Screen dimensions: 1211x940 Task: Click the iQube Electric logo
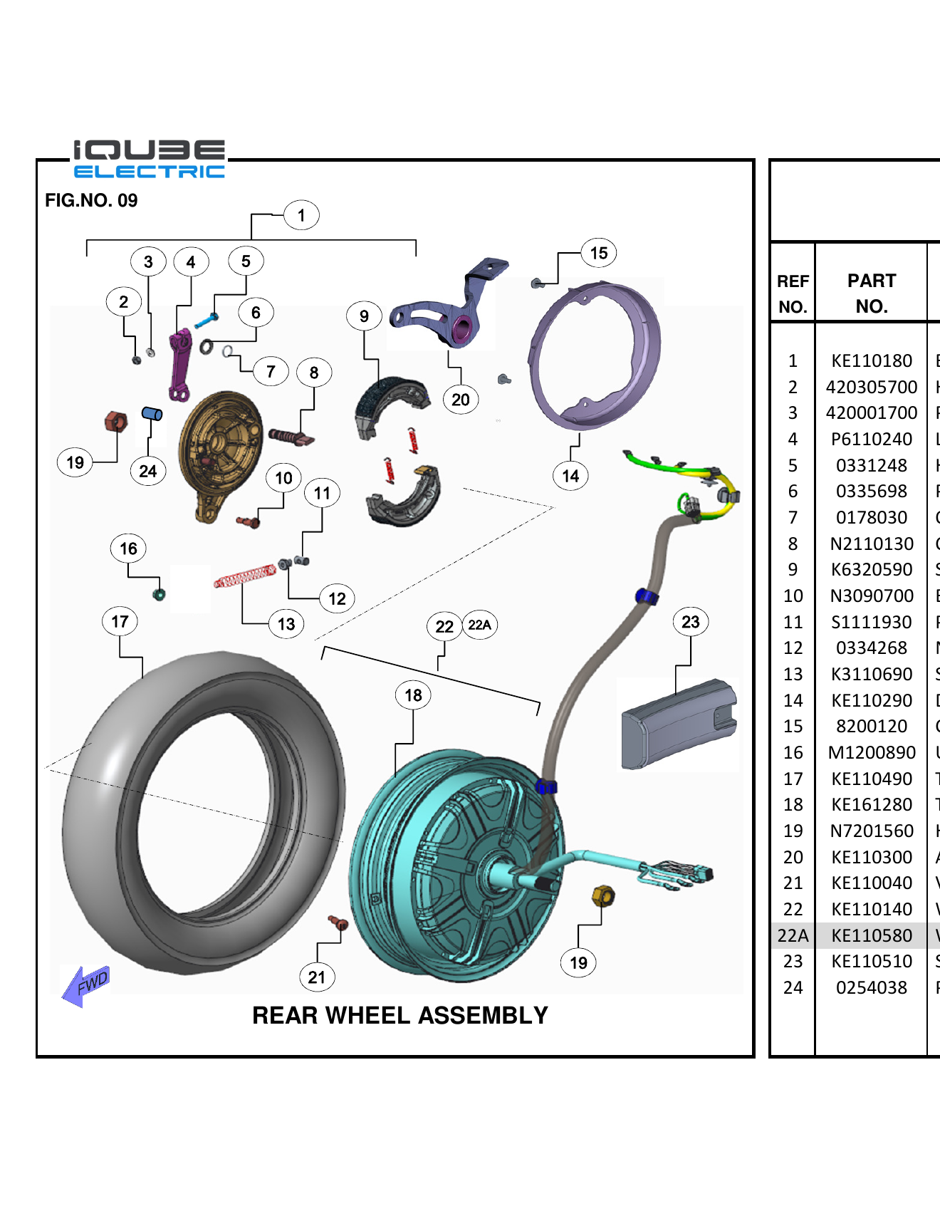coord(150,159)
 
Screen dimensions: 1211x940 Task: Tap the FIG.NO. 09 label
coord(91,200)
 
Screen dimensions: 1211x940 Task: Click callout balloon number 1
coord(301,215)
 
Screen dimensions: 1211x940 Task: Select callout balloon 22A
coord(479,625)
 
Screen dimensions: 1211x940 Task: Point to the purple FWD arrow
coord(86,985)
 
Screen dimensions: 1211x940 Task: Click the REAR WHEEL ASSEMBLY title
coord(399,1015)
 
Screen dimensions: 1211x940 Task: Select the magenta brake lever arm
coord(180,364)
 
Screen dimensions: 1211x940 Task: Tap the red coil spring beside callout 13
coord(244,576)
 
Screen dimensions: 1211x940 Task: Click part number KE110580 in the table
coord(871,935)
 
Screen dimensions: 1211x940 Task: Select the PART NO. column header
coord(871,293)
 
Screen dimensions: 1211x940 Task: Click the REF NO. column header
coord(792,293)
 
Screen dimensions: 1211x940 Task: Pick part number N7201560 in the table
coord(871,831)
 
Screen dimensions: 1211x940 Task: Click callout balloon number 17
coord(120,621)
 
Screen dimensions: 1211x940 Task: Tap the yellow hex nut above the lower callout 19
coord(602,895)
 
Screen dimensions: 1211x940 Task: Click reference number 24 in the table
coord(792,987)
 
